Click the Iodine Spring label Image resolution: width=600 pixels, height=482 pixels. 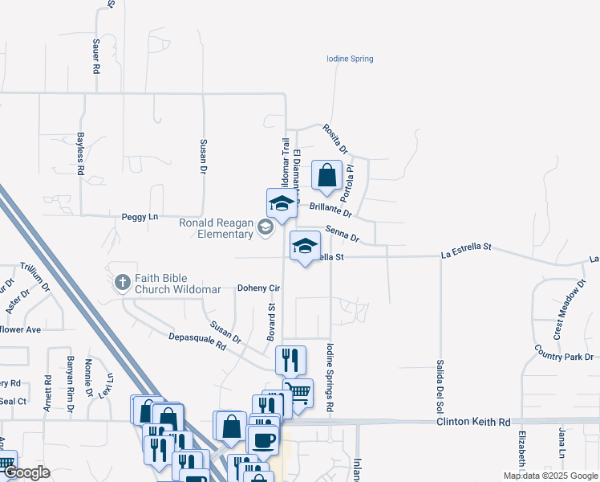[350, 59]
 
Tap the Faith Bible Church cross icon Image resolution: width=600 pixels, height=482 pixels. [122, 282]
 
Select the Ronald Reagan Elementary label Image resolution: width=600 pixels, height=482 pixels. [216, 228]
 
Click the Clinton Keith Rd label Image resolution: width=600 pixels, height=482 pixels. [473, 422]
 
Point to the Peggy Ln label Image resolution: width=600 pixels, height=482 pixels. [140, 216]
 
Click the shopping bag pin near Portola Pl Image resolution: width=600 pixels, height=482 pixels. [327, 175]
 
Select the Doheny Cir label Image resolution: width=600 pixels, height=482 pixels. [257, 288]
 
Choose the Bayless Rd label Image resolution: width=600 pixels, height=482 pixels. [80, 153]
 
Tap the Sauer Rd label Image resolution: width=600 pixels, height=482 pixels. [95, 59]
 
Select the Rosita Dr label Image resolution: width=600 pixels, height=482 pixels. [336, 138]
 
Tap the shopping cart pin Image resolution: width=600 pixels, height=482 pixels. [298, 394]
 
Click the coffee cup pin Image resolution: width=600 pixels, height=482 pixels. [262, 439]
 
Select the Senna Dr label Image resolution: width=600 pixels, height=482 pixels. [342, 234]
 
